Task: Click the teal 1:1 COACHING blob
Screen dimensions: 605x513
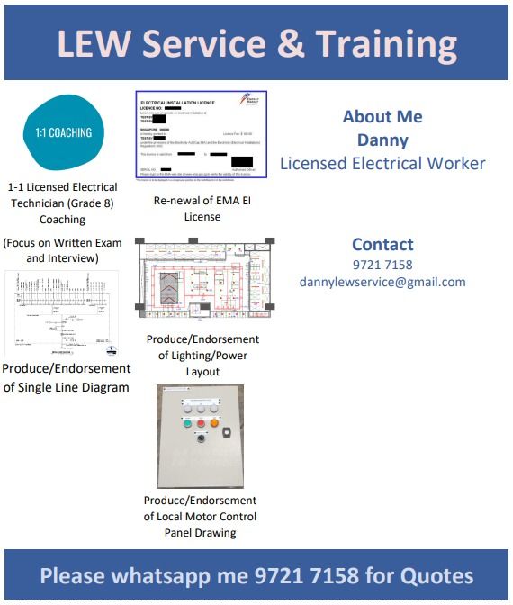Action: tap(63, 132)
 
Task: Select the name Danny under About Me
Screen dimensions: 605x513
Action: tap(382, 140)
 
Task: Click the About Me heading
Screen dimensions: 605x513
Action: tap(382, 117)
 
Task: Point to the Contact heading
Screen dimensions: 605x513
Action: tap(382, 244)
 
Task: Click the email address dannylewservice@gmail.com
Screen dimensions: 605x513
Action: tap(382, 282)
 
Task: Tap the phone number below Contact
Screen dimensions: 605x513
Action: tap(382, 265)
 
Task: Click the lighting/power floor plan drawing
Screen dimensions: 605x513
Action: tap(204, 282)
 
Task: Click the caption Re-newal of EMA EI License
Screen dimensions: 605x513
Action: tap(202, 208)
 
